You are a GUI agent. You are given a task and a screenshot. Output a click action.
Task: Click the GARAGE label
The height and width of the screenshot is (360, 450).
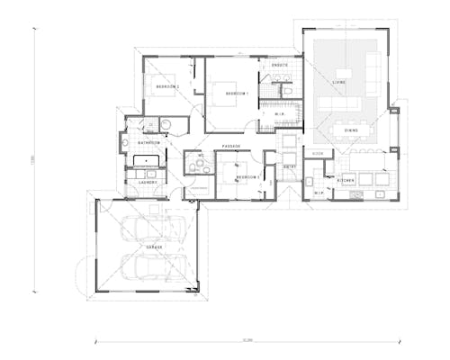click(x=154, y=245)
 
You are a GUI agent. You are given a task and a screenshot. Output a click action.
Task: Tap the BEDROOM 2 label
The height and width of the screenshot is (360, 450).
click(x=168, y=87)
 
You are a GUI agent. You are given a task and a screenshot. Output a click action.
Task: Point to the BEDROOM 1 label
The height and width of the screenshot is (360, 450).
click(x=237, y=94)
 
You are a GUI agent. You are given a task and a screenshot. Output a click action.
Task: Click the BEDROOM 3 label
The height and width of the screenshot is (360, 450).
click(x=247, y=177)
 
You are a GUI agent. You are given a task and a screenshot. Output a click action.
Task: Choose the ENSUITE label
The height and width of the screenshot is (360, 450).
click(x=280, y=66)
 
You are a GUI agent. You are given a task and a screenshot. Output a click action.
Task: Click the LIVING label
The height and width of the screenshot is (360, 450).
click(x=339, y=82)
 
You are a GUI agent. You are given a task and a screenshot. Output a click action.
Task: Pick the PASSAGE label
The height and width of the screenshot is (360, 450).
click(x=231, y=146)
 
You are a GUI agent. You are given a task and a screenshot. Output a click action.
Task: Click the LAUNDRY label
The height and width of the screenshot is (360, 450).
click(x=148, y=182)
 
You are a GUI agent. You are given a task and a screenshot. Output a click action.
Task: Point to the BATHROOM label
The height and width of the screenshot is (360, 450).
click(x=148, y=142)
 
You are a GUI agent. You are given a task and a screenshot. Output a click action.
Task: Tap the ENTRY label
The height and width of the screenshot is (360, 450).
click(x=291, y=167)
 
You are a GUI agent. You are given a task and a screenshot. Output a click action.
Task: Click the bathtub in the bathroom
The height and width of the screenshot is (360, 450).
click(x=147, y=161)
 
